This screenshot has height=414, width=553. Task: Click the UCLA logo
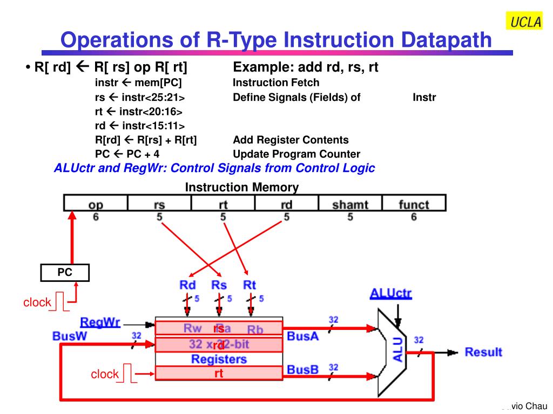click(523, 21)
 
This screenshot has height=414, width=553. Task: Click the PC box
click(65, 273)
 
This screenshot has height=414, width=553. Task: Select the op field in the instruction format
click(96, 204)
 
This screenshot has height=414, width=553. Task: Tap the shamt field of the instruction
click(350, 204)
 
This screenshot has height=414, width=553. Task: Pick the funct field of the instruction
click(414, 204)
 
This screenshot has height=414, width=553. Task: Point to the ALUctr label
click(390, 294)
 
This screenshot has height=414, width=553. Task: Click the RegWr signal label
click(100, 322)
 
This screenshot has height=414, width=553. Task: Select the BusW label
click(70, 336)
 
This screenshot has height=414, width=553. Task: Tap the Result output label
click(483, 353)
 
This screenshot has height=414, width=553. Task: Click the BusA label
click(302, 336)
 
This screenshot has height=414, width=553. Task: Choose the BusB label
click(302, 370)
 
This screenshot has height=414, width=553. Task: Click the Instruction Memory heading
click(241, 187)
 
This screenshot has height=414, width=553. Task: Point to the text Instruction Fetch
click(276, 82)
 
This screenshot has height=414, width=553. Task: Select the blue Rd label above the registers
click(187, 285)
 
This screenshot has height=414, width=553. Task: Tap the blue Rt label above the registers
click(249, 285)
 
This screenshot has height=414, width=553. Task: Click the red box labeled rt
click(219, 372)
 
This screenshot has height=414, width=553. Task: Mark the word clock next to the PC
click(37, 302)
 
